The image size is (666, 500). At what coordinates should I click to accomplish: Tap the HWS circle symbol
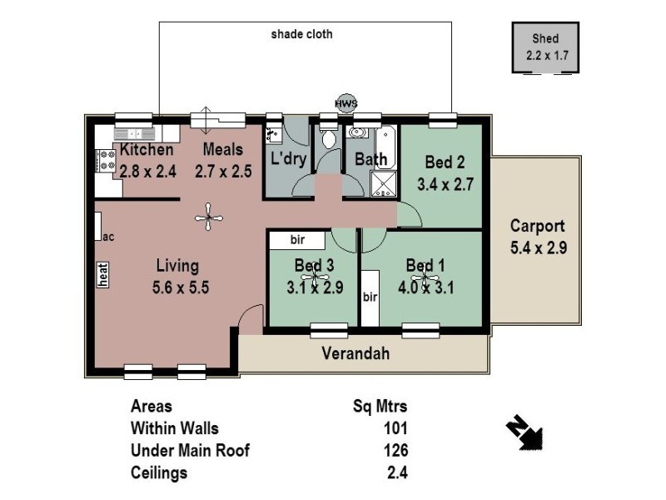point(345,102)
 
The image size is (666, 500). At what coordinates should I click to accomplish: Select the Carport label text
point(537,226)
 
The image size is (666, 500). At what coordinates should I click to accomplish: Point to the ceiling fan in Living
point(209,218)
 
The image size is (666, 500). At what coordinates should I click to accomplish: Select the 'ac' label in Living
point(107,237)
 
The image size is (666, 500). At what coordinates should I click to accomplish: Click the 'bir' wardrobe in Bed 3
point(298,240)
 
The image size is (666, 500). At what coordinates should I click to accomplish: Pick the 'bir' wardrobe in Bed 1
point(370,297)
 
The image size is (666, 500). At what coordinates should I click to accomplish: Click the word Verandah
point(355,353)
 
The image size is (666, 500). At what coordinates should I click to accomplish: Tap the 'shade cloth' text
point(301,35)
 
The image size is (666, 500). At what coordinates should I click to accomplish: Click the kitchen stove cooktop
point(107,160)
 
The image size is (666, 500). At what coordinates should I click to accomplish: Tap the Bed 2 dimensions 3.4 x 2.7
point(445,185)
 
